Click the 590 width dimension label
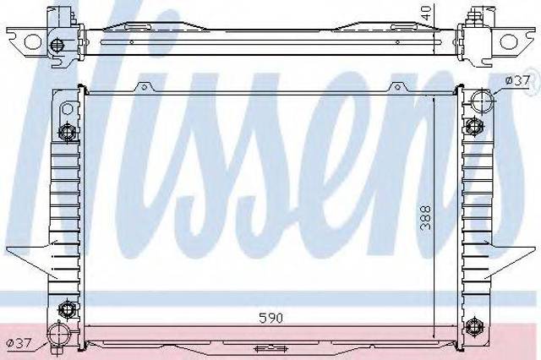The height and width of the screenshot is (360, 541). click(270, 318)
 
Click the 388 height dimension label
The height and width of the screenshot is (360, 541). click(426, 217)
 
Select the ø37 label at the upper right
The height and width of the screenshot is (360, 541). click(516, 80)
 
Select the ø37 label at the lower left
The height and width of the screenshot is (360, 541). click(19, 343)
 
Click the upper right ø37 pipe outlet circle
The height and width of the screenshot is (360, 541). click(483, 101)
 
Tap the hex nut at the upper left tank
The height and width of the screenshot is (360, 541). click(67, 131)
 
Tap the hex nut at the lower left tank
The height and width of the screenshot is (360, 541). click(67, 309)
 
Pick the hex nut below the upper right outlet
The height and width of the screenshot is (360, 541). click(473, 126)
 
